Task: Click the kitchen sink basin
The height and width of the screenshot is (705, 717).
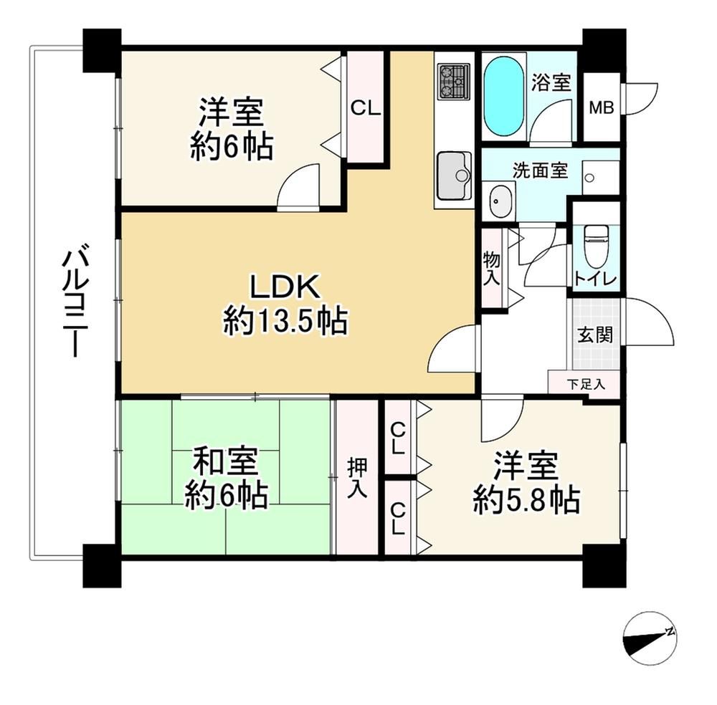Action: (x=454, y=176)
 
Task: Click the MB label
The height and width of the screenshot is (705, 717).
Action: (x=602, y=108)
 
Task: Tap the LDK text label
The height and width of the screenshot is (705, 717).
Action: (x=283, y=287)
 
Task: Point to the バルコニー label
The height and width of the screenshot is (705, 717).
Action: (x=72, y=302)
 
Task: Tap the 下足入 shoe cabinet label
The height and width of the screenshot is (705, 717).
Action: (x=586, y=384)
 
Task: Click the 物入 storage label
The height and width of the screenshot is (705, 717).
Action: (x=492, y=269)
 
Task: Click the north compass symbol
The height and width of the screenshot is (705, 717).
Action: (x=650, y=640)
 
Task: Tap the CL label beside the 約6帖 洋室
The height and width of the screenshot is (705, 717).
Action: (x=366, y=108)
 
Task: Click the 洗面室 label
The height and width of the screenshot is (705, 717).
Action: (x=540, y=171)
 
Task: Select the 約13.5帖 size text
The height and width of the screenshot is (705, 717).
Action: (x=286, y=321)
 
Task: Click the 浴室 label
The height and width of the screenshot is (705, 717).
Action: (x=551, y=82)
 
